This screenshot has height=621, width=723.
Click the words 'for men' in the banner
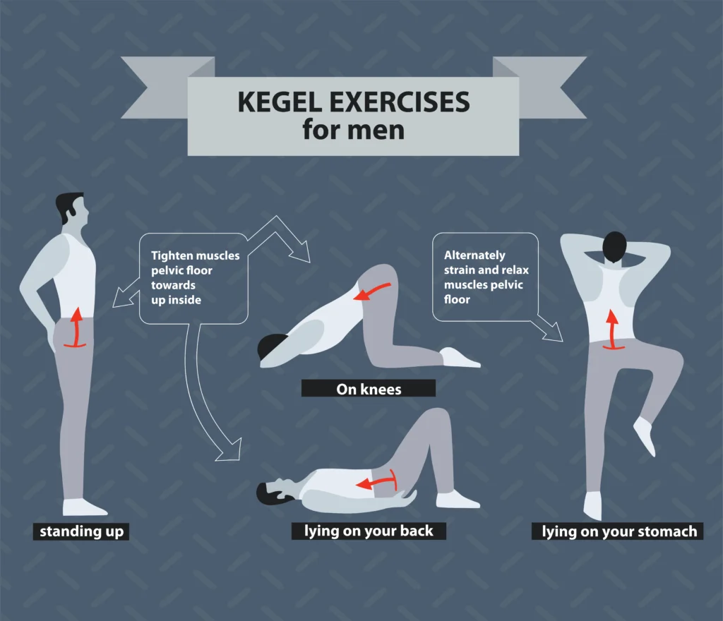(x=354, y=130)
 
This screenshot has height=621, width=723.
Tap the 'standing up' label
(x=80, y=531)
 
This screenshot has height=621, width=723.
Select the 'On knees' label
(x=368, y=388)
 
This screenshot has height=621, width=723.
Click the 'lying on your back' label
(x=369, y=531)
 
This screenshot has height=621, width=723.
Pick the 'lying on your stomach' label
(x=619, y=531)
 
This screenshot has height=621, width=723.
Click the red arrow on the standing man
(x=74, y=330)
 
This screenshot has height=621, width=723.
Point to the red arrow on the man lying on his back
(x=375, y=483)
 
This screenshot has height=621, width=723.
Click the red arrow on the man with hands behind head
(x=611, y=328)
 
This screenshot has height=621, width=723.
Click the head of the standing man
(x=73, y=208)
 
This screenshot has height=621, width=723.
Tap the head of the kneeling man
(x=271, y=348)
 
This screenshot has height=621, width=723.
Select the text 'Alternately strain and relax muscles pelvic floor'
(x=486, y=277)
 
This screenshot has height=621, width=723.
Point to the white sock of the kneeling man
(x=459, y=358)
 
